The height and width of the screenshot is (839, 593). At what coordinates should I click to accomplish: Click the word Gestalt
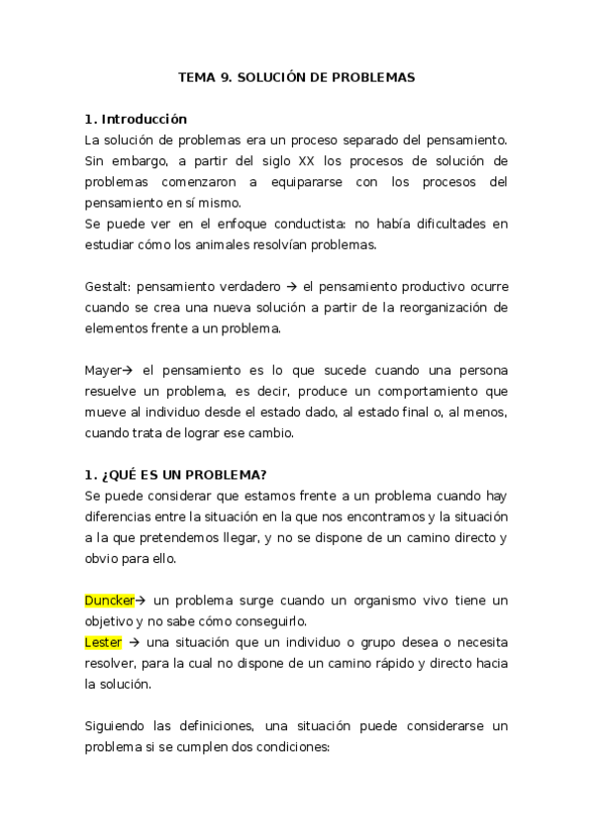coord(108,287)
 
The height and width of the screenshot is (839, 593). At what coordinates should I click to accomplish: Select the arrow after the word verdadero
coord(294,287)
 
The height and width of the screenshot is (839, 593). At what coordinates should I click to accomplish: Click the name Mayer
coord(104,371)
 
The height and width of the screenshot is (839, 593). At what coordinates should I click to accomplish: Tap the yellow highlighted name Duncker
coord(109,601)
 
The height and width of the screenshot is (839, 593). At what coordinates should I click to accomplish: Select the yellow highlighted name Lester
coord(104,642)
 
